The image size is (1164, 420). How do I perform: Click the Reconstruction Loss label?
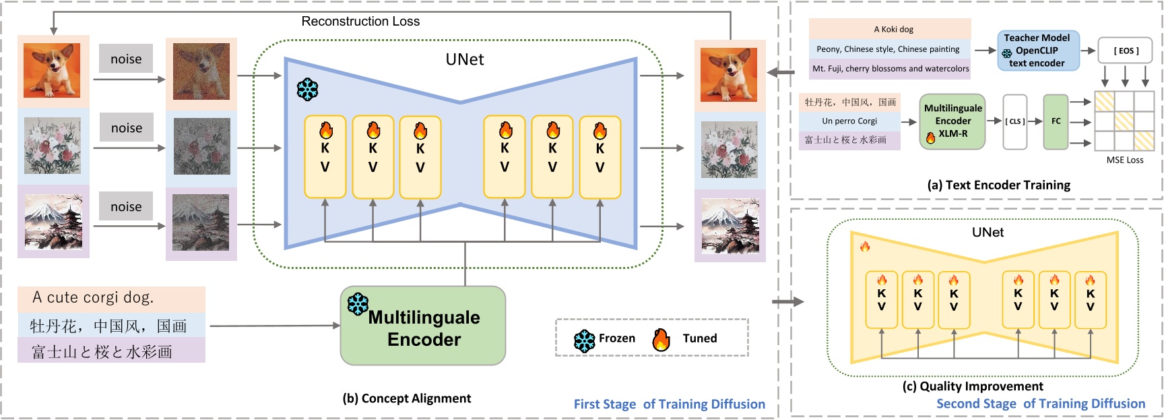360,22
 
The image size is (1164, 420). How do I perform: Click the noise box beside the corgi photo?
126,59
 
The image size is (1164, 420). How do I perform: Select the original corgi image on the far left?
52,71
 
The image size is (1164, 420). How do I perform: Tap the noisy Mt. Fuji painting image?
201,222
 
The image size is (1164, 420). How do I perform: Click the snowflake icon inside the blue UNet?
308,89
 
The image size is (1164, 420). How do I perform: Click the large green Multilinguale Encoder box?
423,326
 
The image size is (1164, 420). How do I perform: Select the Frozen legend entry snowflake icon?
584,340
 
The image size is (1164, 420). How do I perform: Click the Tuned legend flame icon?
661,340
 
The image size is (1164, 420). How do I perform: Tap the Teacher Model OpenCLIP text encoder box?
1037,51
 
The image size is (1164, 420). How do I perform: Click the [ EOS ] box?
1125,51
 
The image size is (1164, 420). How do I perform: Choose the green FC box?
1056,121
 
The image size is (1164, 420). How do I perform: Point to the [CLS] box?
1015,121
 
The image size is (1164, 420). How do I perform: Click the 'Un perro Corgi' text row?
849,121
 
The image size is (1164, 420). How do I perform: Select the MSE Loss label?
1124,160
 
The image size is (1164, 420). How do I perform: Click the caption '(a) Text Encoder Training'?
998,185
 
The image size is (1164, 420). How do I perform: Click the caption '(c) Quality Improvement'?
973,386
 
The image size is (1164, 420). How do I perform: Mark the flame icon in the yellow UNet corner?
865,247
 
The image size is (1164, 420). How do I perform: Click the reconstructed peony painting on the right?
730,150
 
